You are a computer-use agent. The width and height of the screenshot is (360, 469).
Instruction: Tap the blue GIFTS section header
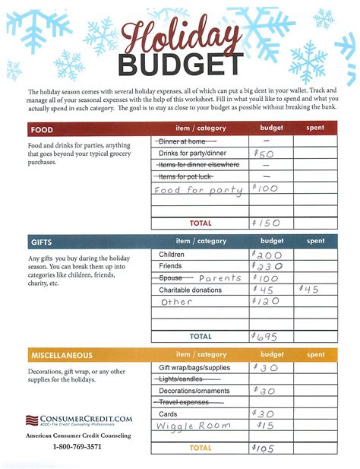[43, 242]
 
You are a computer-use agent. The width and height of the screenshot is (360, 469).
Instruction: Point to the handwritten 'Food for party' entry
[197, 189]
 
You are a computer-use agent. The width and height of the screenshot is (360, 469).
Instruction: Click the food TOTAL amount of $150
[267, 223]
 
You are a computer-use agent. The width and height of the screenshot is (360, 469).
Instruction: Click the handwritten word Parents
[219, 278]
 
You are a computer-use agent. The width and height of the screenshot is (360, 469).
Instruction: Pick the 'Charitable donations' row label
[190, 290]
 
